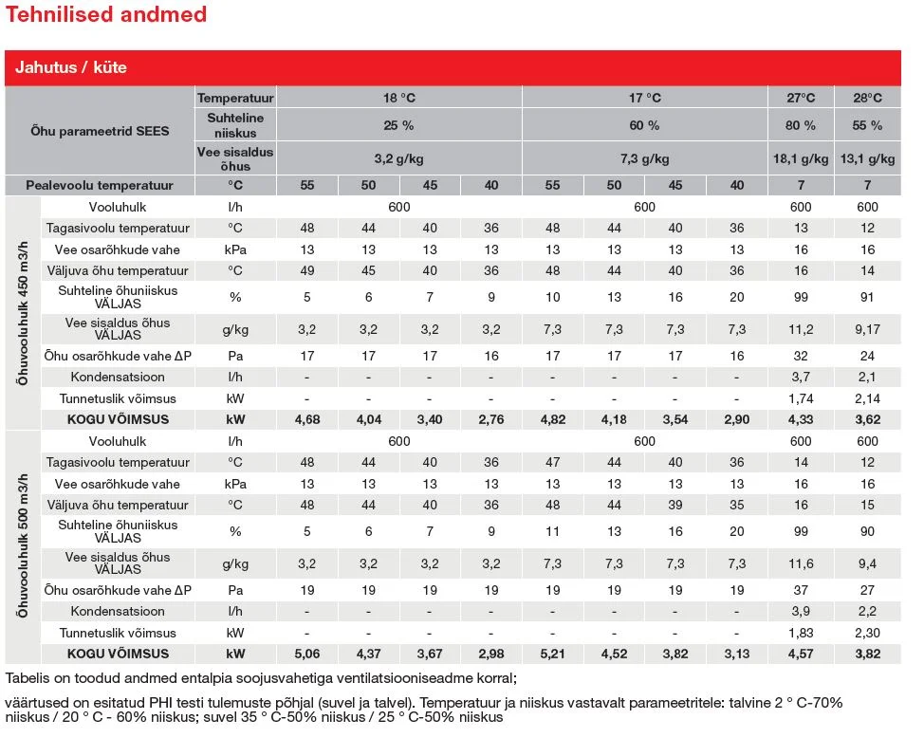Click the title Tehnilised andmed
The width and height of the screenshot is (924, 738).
coord(106,14)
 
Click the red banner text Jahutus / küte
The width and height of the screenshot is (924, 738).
coord(71,67)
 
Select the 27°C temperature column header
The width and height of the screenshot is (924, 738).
coord(801,98)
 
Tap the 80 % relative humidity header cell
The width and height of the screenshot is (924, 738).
coord(801,125)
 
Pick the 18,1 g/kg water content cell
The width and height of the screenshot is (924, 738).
coord(801,158)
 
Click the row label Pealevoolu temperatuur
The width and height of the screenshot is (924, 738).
coord(100,185)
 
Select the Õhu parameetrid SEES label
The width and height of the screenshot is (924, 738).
coord(100,131)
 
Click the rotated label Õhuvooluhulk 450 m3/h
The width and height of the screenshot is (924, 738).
coord(23,314)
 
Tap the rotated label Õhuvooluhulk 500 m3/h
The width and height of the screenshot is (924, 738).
coord(23,545)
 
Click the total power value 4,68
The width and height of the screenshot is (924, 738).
coord(307,419)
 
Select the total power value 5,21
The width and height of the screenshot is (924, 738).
coord(553,654)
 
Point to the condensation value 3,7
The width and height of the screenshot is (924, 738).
coord(801,377)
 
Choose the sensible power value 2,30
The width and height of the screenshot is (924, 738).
coord(867,633)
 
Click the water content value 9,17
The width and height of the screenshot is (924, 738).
coord(867,329)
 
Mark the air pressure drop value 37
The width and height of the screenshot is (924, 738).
coord(801,590)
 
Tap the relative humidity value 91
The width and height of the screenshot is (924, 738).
coord(867,297)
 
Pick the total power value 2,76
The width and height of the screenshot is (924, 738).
coord(491,419)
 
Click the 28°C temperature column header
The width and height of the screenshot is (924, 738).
coord(867,98)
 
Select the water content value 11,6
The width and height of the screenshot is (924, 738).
coord(801,563)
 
